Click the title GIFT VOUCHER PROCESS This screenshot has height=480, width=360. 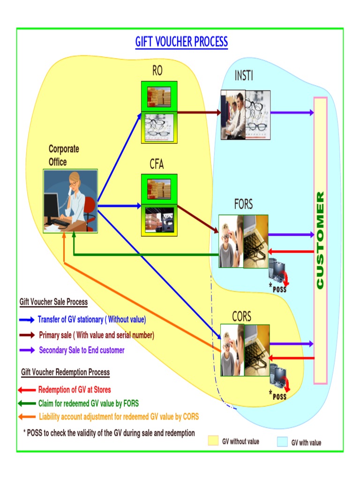point(181,42)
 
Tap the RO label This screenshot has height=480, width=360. point(157,71)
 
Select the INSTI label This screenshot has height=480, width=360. point(244,75)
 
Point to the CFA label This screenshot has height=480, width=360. point(157,164)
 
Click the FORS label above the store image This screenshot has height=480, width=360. point(243,204)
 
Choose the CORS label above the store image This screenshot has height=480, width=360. point(242,316)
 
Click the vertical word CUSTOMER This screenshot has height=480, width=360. point(320,240)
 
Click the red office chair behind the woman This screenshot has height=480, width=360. point(90,209)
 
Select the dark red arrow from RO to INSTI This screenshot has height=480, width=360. point(199,112)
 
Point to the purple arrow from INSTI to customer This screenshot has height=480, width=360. point(292,112)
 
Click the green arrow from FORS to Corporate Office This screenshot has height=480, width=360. point(145,255)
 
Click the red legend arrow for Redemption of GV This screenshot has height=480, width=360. point(26,390)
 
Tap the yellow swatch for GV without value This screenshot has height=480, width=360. point(213,441)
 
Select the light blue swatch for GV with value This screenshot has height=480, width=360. point(282,442)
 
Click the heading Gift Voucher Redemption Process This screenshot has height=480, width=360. point(65,372)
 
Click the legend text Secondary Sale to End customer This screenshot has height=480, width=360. point(82,350)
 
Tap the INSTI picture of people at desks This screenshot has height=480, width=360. point(233,114)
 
